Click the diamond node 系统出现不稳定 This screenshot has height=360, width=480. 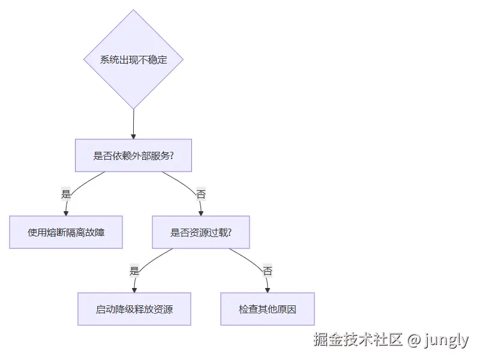pos(133,60)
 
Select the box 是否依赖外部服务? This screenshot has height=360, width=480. pos(133,155)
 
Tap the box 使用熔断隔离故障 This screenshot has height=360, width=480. pos(66,232)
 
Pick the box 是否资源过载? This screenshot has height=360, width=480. pos(200,232)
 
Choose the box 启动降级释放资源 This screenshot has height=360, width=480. pos(134,309)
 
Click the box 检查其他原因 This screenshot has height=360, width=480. pos(268,309)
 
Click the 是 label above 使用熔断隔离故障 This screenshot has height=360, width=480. pos(66,194)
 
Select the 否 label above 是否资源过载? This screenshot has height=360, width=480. pos(200,194)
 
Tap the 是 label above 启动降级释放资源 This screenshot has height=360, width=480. pos(134,271)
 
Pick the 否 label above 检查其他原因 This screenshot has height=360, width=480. pos(268,271)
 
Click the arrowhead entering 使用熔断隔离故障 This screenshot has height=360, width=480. pos(66,212)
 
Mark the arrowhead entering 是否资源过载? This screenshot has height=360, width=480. pos(200,212)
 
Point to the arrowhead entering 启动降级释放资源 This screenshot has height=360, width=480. pos(134,289)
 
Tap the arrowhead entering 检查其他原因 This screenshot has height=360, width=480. pos(268,289)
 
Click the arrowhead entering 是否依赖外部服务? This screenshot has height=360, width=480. pos(133,136)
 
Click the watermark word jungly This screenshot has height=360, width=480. pos(446,340)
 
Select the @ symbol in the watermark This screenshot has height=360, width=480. pos(413,340)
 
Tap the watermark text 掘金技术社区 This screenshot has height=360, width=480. pos(358,340)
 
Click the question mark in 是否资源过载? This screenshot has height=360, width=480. pos(230,232)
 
